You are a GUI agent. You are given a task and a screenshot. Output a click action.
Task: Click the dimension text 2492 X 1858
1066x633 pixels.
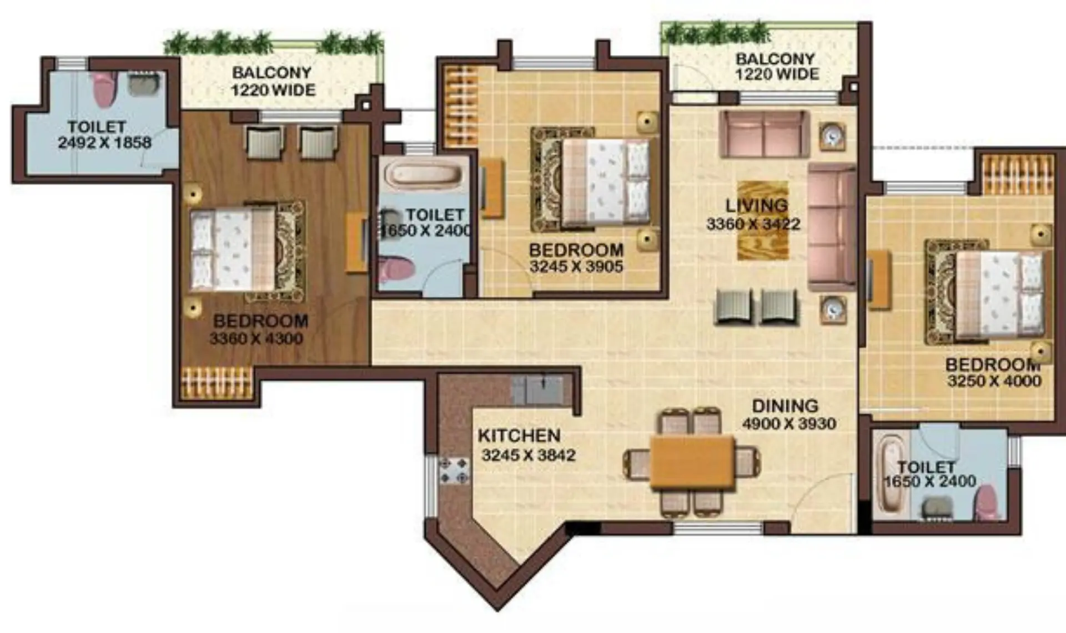point(104,143)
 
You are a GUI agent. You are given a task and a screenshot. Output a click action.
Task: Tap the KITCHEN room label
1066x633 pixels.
point(519,435)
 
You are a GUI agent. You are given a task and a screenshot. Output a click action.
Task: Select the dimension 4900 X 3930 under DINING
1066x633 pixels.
point(789,424)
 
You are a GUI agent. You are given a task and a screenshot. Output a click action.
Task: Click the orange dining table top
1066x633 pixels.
point(692,462)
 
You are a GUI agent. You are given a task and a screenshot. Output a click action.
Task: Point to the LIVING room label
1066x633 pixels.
point(757,205)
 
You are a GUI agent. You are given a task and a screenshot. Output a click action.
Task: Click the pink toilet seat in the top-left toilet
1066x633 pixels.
point(104,89)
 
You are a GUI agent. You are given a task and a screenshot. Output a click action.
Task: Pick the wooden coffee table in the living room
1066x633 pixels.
point(763,220)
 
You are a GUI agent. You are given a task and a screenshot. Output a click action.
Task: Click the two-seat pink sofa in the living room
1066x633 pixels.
point(764,134)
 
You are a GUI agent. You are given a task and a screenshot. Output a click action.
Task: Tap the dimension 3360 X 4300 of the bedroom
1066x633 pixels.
point(256,338)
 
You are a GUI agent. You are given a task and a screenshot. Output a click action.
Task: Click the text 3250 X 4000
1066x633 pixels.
point(994,381)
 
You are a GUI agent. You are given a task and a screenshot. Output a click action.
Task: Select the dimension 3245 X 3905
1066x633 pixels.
point(576,266)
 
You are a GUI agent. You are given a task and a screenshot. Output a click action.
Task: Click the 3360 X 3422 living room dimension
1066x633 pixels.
point(753,224)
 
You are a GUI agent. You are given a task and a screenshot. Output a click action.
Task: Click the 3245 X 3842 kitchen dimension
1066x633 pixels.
point(528,455)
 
